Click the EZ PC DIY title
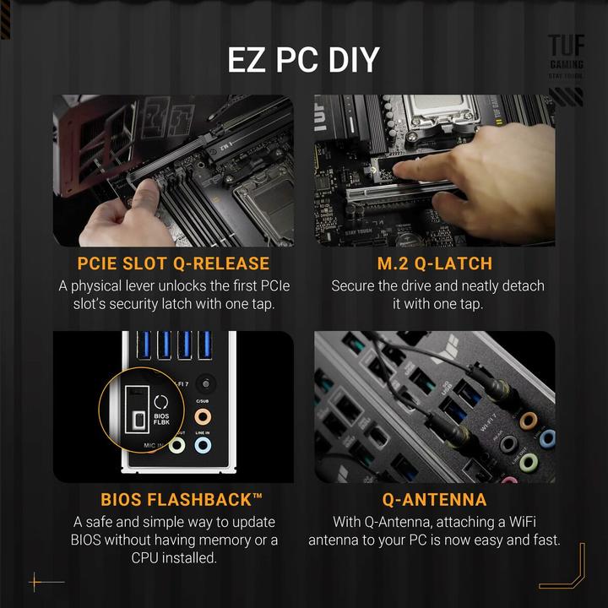tap(304, 61)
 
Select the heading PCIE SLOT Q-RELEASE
tap(173, 263)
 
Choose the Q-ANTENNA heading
tap(434, 500)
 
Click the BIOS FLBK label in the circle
tap(160, 420)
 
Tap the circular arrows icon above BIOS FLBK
tap(160, 400)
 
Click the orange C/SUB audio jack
tap(203, 417)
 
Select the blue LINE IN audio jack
tap(203, 445)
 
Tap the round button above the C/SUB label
tap(203, 382)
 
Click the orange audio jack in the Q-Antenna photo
tap(529, 421)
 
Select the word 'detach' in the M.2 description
tap(523, 286)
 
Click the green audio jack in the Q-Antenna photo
tap(528, 462)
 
